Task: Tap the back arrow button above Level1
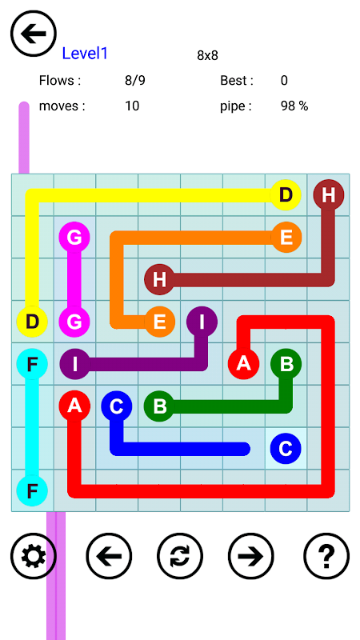(x=34, y=34)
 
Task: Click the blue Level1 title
(x=85, y=54)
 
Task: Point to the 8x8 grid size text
(x=208, y=55)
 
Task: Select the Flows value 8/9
(x=135, y=81)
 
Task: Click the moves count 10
(x=132, y=106)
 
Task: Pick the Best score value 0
(x=284, y=81)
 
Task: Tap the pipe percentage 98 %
(x=294, y=106)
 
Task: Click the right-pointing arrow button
(x=251, y=556)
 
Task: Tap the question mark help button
(x=326, y=556)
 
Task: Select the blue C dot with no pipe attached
(x=286, y=449)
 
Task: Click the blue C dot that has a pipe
(x=117, y=406)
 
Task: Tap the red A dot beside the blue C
(x=74, y=406)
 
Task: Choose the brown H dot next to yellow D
(x=329, y=195)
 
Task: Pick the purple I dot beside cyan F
(x=75, y=364)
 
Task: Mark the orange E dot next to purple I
(x=159, y=322)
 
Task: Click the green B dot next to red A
(x=286, y=364)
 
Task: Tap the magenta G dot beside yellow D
(x=74, y=322)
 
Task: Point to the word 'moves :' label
(x=62, y=106)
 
